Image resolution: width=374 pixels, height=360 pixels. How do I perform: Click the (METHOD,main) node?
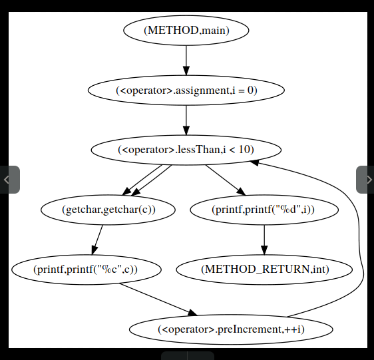point(186,30)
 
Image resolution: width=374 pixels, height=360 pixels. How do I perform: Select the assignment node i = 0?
point(186,90)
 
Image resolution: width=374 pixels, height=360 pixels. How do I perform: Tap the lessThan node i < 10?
point(186,150)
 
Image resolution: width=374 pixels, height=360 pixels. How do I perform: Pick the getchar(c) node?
point(108,210)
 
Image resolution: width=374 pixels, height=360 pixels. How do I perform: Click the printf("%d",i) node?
point(264,210)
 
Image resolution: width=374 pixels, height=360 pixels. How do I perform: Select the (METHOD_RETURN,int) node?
point(264,270)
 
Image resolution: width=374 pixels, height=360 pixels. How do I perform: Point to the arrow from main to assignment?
point(186,60)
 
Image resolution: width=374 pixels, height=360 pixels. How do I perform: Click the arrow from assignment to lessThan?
point(186,120)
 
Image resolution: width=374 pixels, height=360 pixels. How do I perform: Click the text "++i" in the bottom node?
point(297,329)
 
